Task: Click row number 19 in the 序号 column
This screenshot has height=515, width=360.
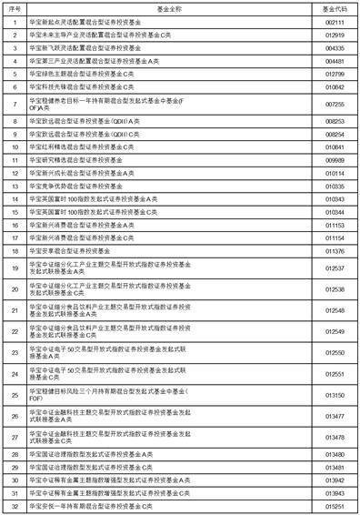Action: click(x=15, y=268)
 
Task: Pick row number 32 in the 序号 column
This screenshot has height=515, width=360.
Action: click(x=15, y=505)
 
